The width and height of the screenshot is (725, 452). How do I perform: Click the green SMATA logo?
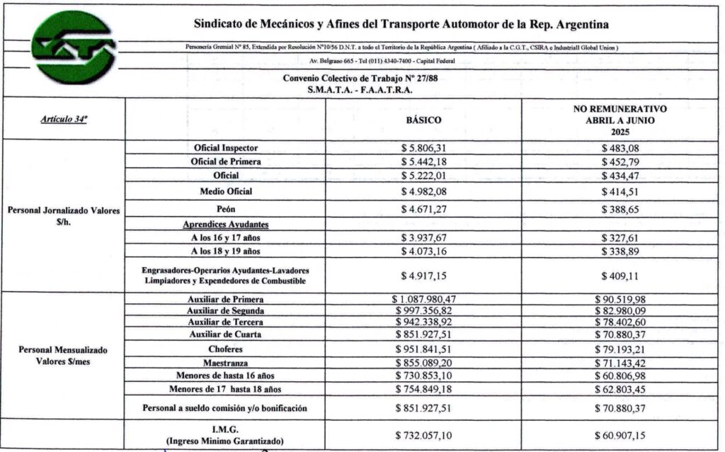[x=64, y=49]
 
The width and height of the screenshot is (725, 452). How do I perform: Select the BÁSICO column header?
[x=423, y=120]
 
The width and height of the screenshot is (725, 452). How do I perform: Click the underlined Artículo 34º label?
[x=64, y=120]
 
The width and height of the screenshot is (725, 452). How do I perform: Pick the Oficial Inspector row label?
[x=225, y=148]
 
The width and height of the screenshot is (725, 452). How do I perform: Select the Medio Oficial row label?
[x=225, y=191]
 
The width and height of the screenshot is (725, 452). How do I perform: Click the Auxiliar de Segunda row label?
[x=225, y=311]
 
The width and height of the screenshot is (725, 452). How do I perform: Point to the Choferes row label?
[x=225, y=349]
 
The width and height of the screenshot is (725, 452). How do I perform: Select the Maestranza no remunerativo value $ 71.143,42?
[x=620, y=363]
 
